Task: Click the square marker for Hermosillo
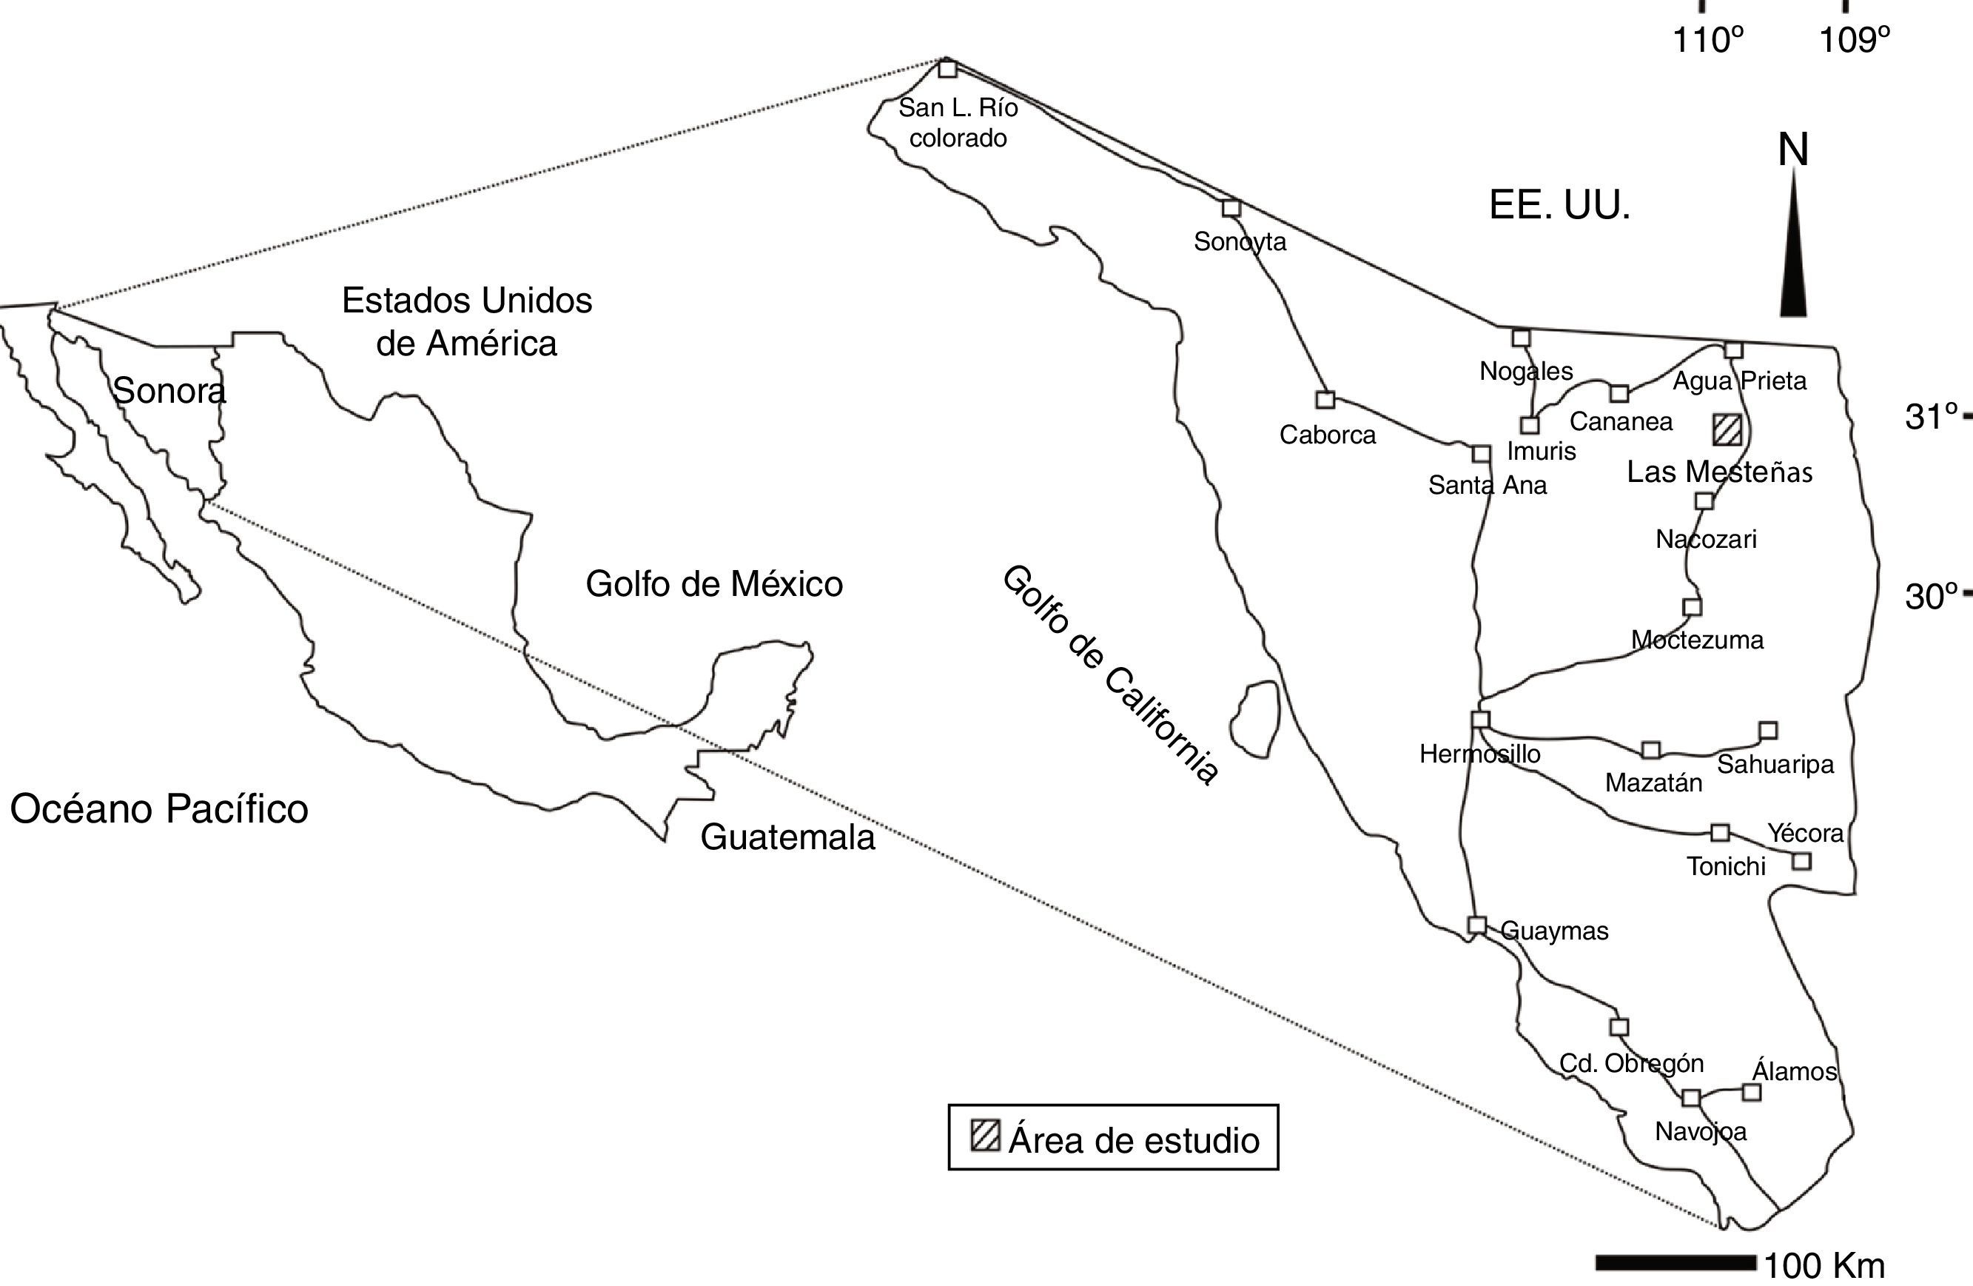click(x=1481, y=719)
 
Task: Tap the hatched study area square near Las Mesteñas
click(x=1727, y=430)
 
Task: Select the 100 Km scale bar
click(x=1675, y=1263)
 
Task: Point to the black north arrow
click(x=1793, y=249)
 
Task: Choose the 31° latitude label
click(x=1931, y=416)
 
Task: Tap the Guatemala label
click(x=787, y=837)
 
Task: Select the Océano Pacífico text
click(x=159, y=809)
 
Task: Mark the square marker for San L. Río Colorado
click(x=947, y=69)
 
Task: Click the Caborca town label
click(x=1327, y=435)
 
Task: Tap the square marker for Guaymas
click(x=1476, y=925)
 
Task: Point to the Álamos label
click(x=1794, y=1071)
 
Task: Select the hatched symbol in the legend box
click(x=985, y=1135)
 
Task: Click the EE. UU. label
click(x=1559, y=205)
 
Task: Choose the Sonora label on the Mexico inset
click(x=169, y=390)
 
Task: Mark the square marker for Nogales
click(x=1520, y=338)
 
